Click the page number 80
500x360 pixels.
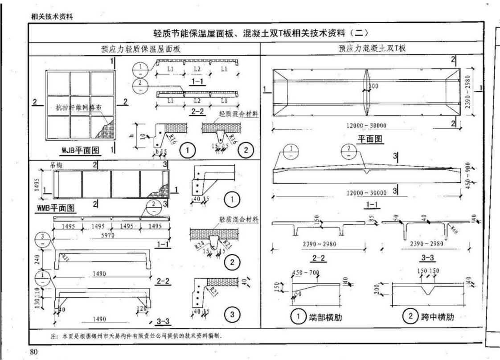pos(33,352)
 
